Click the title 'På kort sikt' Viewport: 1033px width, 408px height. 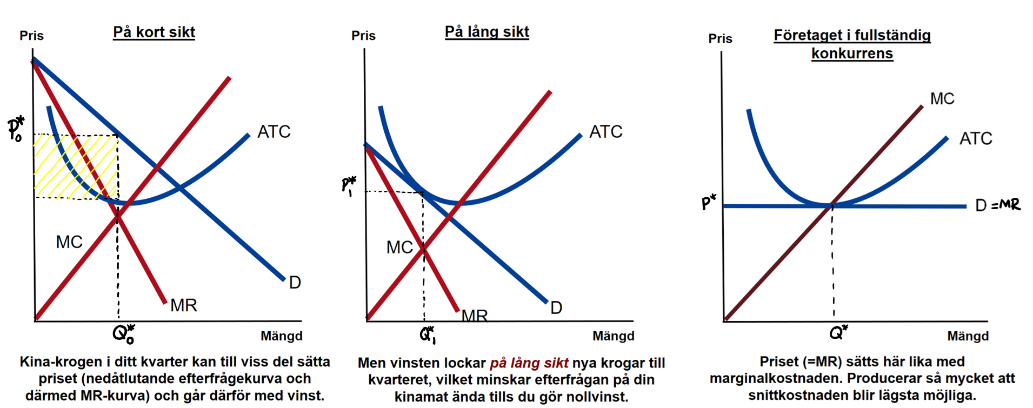tap(154, 32)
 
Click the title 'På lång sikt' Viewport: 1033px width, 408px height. tap(486, 32)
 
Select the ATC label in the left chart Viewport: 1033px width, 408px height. tap(274, 132)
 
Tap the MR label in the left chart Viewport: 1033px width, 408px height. tap(184, 306)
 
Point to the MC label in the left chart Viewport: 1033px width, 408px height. tap(69, 242)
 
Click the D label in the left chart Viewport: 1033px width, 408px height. tap(295, 283)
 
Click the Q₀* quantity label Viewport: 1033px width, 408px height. tap(124, 334)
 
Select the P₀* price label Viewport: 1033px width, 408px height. tap(16, 129)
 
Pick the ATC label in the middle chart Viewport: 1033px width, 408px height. tap(606, 132)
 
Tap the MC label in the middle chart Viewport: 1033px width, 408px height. tap(399, 248)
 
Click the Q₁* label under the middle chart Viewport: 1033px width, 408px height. tap(428, 335)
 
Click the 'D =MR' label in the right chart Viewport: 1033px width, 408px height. tap(998, 205)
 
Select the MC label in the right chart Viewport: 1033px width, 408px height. tap(942, 99)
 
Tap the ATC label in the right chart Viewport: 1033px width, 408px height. tap(976, 139)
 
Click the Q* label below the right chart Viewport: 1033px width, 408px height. tap(838, 332)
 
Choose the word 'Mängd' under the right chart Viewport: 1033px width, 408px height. tap(968, 336)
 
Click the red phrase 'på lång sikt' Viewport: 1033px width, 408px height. tap(529, 363)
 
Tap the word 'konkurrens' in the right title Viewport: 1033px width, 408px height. tap(852, 53)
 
